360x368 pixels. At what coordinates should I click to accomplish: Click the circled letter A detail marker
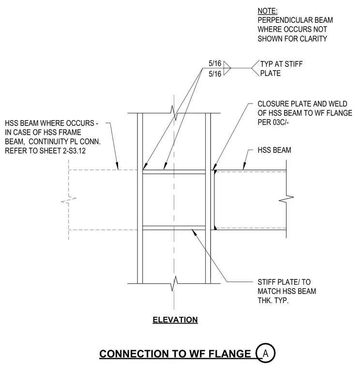click(266, 353)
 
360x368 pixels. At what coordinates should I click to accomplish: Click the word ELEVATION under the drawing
click(175, 320)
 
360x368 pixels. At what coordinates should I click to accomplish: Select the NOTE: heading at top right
click(268, 11)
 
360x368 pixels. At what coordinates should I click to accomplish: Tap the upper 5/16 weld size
click(215, 63)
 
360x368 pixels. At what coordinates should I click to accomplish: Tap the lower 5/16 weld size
click(215, 74)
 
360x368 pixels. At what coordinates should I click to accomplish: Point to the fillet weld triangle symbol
click(226, 68)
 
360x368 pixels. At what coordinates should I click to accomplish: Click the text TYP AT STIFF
click(282, 64)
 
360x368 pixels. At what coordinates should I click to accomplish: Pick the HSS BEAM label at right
click(274, 150)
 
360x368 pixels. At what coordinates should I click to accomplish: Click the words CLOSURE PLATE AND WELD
click(302, 104)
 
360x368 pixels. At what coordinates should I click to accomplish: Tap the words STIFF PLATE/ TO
click(284, 282)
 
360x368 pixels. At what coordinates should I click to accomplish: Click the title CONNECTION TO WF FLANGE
click(175, 353)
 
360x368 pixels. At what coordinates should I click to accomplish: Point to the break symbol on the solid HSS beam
click(286, 199)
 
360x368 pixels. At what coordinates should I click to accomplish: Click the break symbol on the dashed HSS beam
click(69, 199)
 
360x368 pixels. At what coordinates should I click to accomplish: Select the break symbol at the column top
click(174, 113)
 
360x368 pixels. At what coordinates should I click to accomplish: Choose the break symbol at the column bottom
click(174, 284)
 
